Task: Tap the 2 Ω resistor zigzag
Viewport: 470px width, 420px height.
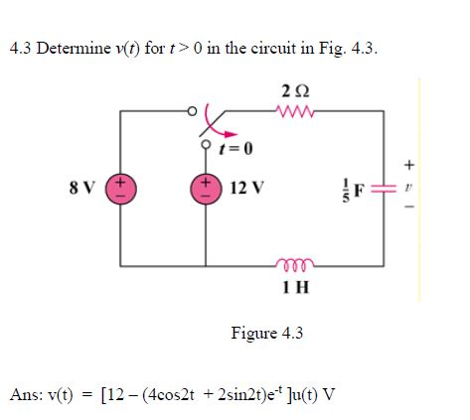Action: (296, 112)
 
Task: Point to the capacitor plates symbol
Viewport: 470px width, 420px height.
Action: (384, 189)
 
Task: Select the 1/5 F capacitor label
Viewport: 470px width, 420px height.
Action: (355, 189)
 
